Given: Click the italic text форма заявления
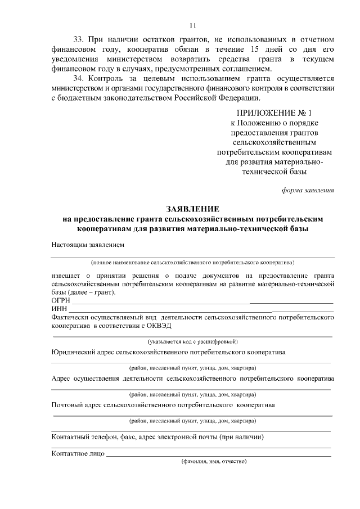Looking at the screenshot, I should pos(308,190).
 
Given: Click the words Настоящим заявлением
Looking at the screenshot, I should pos(87,245).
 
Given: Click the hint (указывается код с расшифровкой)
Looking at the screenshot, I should pos(193,341).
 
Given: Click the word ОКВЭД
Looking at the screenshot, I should pos(159,326).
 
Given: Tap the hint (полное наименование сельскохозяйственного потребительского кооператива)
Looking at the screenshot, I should pos(193,262).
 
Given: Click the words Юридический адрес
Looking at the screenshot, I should pos(82,352).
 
